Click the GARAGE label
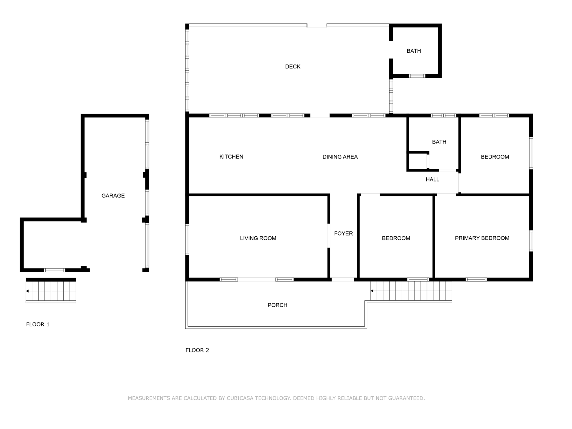click(113, 196)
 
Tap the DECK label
click(293, 67)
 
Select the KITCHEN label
click(231, 157)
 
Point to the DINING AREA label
click(340, 157)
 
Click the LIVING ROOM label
click(258, 238)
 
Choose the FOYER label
click(343, 233)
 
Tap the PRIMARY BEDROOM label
click(482, 238)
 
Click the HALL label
click(432, 180)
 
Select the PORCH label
click(277, 305)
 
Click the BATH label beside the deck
click(414, 51)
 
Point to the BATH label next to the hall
click(439, 142)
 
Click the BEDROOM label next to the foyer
click(396, 238)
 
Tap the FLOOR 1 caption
click(38, 325)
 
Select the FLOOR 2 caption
click(197, 350)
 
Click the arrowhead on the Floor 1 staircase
click(27, 291)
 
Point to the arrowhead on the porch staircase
click(372, 291)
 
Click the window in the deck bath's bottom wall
click(417, 76)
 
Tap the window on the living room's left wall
click(187, 240)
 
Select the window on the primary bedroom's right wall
click(531, 241)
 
